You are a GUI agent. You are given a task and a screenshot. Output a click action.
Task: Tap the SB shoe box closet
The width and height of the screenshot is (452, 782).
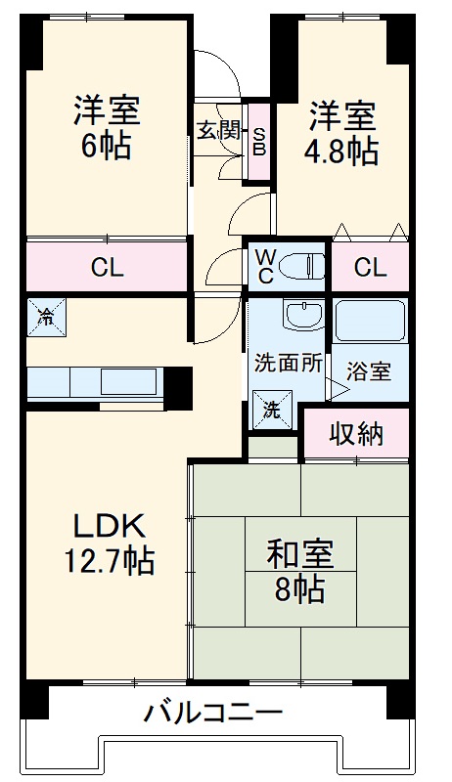259,140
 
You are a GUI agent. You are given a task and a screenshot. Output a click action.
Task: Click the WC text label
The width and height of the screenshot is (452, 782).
265,266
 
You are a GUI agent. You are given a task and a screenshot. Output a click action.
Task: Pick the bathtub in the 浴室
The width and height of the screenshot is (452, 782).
369,321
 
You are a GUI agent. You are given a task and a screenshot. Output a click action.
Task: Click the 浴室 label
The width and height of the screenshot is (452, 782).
369,372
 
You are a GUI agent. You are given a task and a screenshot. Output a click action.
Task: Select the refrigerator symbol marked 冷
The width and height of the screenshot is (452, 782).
46,316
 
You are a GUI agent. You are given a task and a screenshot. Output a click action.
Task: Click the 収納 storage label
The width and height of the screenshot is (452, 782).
354,433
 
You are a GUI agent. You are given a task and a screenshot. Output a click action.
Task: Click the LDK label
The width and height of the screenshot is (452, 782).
108,526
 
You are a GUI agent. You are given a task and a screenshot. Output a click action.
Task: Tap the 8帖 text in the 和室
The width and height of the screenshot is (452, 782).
300,590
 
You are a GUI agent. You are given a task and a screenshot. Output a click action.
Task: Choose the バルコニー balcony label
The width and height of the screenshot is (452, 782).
214,711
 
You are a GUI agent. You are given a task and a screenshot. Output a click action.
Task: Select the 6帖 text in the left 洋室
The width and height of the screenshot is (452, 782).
107,147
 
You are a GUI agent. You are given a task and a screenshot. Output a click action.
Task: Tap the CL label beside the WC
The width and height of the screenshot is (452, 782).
369,267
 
